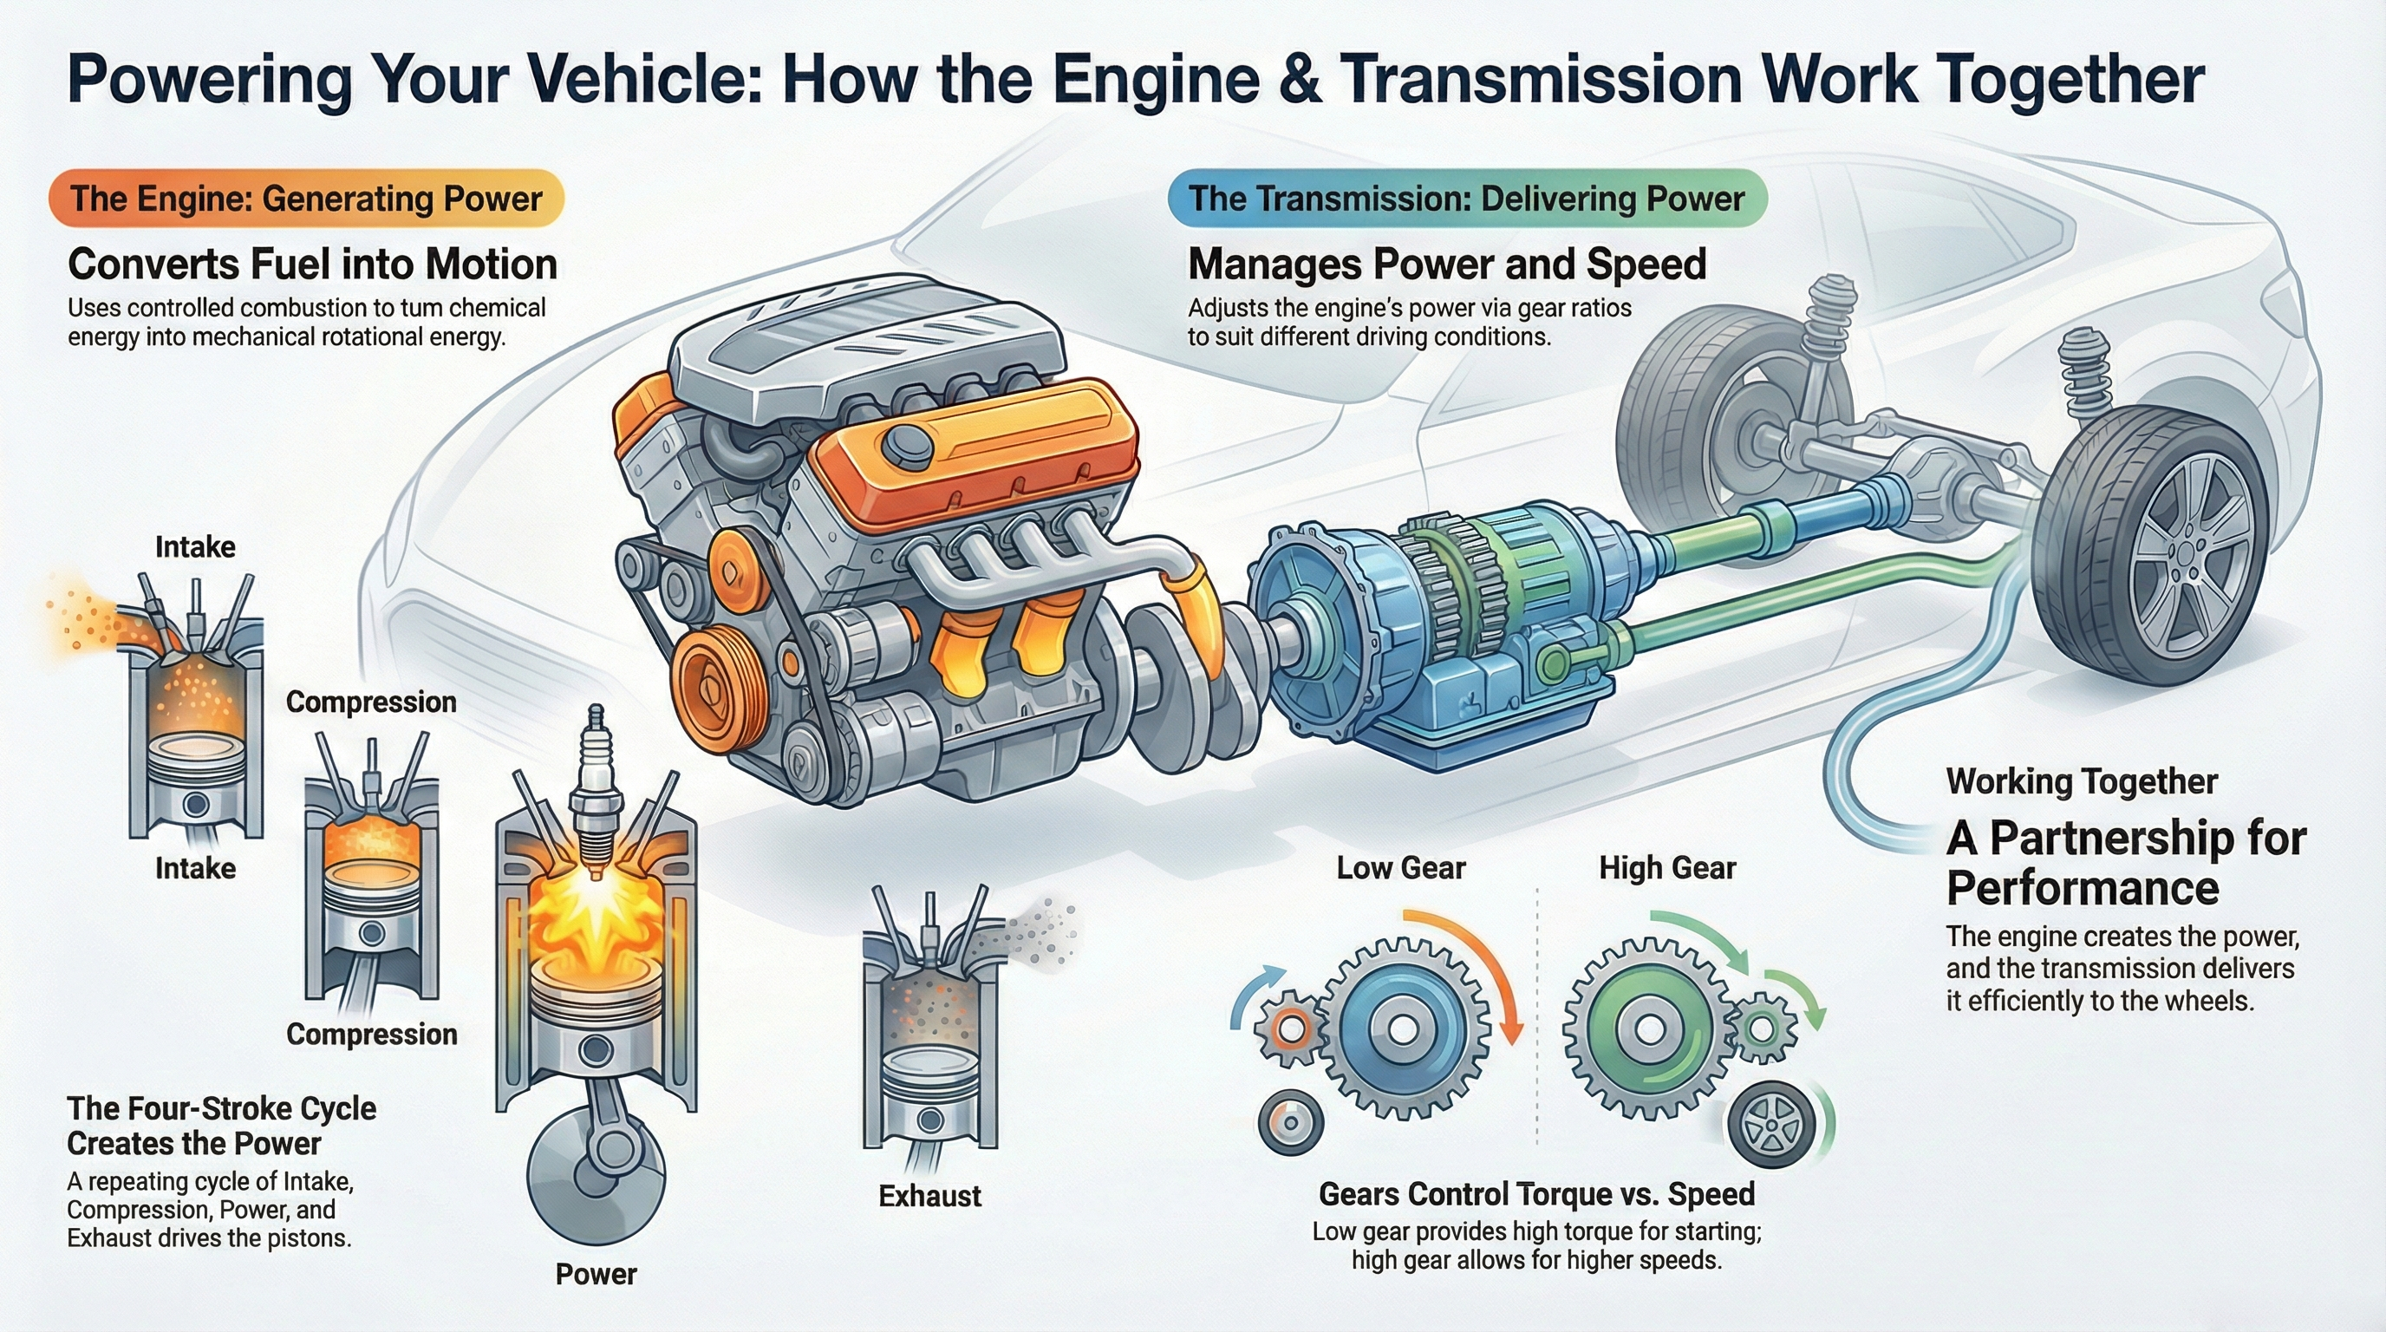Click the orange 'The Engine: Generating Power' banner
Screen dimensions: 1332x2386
tap(306, 199)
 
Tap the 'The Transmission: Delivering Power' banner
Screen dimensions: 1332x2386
tap(1466, 199)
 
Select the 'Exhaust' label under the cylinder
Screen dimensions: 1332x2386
tap(929, 1196)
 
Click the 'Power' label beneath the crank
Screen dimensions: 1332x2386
tap(596, 1274)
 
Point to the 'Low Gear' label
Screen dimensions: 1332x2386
tap(1400, 868)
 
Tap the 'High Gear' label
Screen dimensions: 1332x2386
tap(1666, 868)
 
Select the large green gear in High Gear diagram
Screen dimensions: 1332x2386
tap(1649, 1028)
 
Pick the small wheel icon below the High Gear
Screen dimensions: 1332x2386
tap(1770, 1124)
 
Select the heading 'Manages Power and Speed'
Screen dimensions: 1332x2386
tap(1446, 264)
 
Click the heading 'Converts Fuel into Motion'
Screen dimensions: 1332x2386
tap(312, 264)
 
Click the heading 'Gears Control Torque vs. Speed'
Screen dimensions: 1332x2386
tap(1535, 1194)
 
